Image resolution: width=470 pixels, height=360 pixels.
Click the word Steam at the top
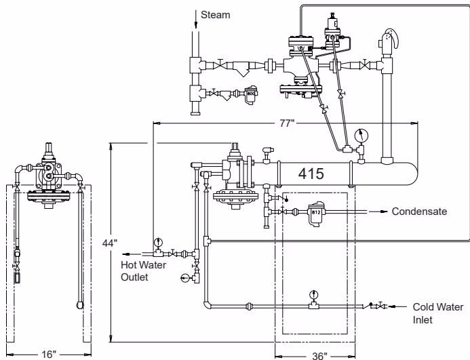point(215,15)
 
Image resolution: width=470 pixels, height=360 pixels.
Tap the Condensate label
point(419,212)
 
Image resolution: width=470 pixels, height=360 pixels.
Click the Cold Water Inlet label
point(438,313)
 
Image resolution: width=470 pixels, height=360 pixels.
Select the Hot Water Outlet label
point(143,271)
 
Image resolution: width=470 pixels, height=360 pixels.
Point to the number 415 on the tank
point(311,174)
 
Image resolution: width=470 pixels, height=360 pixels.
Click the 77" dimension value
point(287,123)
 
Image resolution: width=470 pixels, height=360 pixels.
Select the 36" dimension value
point(319,356)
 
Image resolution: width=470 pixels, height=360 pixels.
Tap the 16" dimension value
point(49,355)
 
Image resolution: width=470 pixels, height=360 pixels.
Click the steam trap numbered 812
point(316,213)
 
